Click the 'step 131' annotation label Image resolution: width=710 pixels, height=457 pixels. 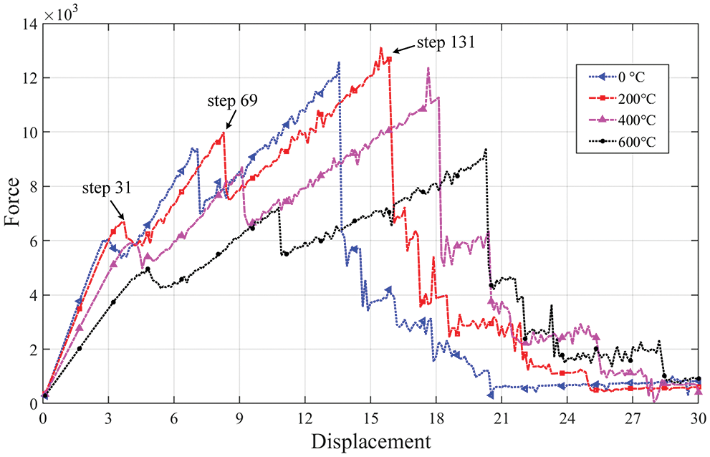tap(446, 42)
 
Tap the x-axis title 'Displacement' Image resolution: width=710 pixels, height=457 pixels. tap(370, 440)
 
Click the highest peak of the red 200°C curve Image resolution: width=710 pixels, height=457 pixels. tap(380, 48)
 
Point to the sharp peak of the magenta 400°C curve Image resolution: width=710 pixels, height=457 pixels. tap(428, 68)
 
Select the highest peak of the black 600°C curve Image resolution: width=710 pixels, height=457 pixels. tap(486, 149)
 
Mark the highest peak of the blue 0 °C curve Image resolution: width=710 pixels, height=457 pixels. tap(339, 62)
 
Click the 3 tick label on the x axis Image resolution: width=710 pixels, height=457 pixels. tap(109, 417)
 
